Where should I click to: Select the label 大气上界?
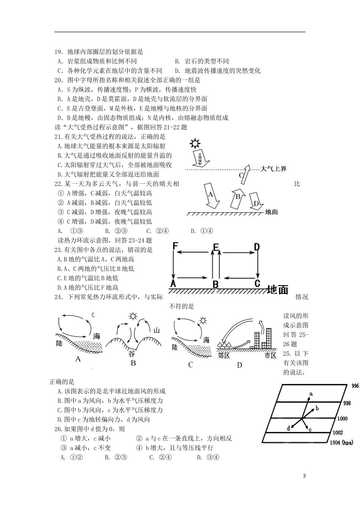click(274, 169)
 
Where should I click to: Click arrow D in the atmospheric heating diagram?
click(257, 202)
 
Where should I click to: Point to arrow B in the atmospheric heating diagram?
click(238, 197)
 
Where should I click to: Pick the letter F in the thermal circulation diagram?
click(175, 247)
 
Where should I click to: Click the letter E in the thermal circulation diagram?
click(216, 247)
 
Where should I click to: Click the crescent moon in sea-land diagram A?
click(93, 315)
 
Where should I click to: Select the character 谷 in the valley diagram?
click(131, 354)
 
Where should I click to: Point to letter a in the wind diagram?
click(311, 394)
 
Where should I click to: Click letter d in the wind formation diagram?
click(288, 428)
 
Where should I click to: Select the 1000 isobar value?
click(342, 418)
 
